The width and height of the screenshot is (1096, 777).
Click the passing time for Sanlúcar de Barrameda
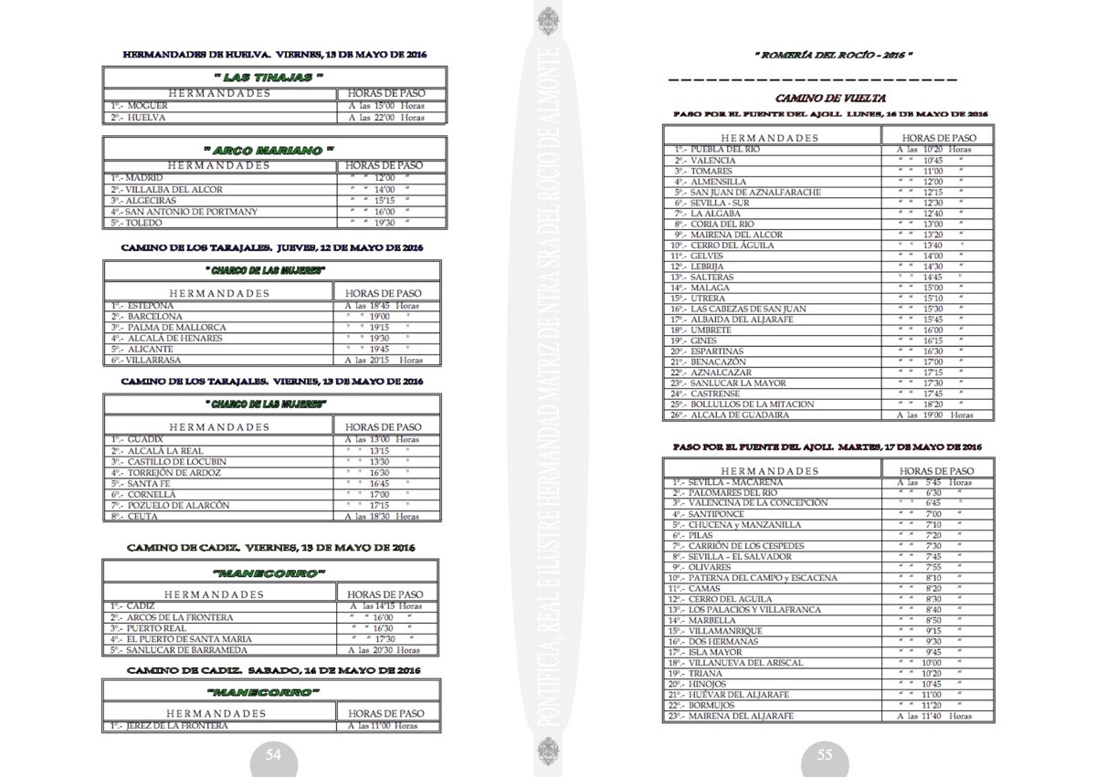[384, 650]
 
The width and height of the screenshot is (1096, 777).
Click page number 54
[273, 755]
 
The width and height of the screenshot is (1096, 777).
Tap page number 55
[824, 755]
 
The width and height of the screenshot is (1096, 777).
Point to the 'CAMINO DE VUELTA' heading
[830, 98]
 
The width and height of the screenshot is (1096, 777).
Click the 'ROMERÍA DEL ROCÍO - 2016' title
[833, 56]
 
